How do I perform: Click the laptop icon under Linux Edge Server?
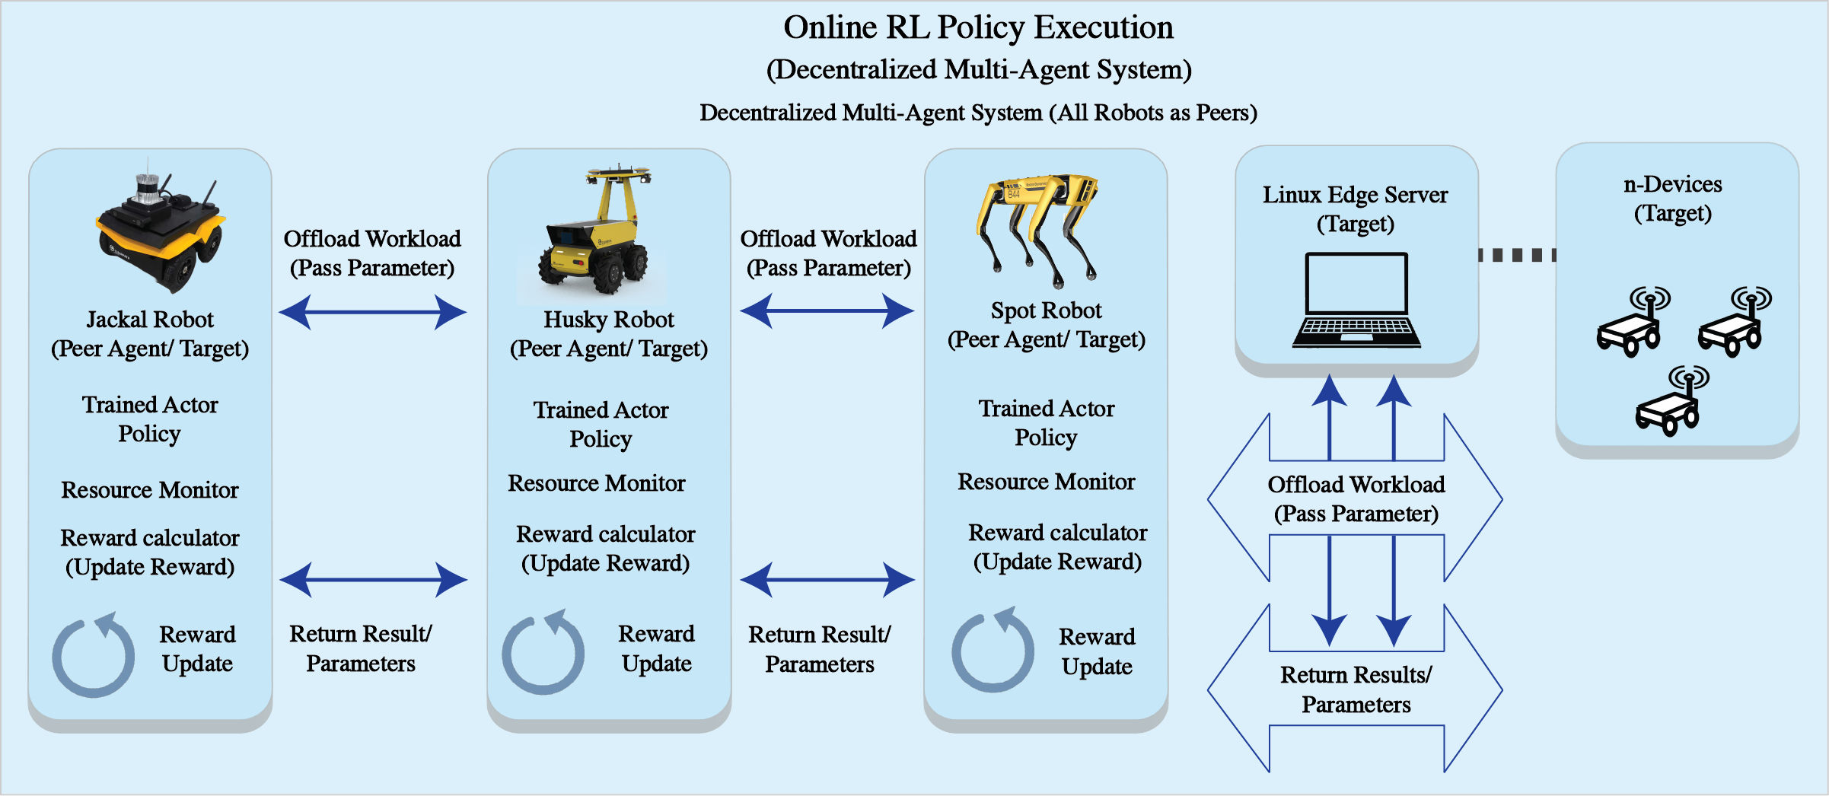click(1356, 301)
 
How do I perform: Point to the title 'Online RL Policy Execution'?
click(978, 27)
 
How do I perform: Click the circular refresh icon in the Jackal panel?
click(93, 654)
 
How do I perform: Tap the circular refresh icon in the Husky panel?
click(543, 652)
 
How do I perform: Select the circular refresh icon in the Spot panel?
click(993, 650)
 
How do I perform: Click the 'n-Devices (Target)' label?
click(1672, 199)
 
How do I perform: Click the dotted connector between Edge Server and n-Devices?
click(1517, 255)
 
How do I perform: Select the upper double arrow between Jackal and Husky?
click(372, 312)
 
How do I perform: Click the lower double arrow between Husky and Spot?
click(827, 580)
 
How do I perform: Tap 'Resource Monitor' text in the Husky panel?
click(597, 483)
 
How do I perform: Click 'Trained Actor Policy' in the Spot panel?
click(1047, 423)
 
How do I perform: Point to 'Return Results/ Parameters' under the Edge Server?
click(1356, 689)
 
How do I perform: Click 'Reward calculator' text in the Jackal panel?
click(150, 538)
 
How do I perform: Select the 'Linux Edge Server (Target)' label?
click(1356, 209)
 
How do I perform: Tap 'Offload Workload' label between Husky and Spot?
click(828, 239)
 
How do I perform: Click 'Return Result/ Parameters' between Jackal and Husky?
click(361, 648)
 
